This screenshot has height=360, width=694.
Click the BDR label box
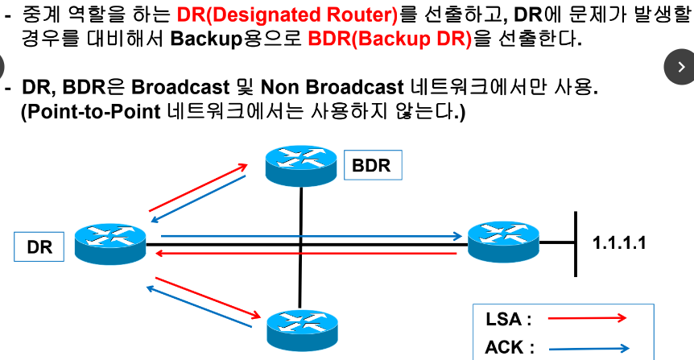click(x=371, y=166)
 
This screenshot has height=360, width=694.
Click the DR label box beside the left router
click(x=39, y=246)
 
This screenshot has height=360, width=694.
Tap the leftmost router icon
click(x=109, y=242)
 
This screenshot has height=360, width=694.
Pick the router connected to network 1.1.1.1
click(x=503, y=241)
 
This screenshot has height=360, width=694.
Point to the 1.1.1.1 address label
click(x=619, y=242)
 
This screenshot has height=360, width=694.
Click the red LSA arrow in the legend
click(x=586, y=318)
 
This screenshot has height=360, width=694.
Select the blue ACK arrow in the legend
click(x=589, y=349)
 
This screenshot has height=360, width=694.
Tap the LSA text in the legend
click(x=508, y=318)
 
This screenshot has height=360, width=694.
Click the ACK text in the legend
click(x=509, y=348)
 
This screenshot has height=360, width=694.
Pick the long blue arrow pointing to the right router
click(x=314, y=237)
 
